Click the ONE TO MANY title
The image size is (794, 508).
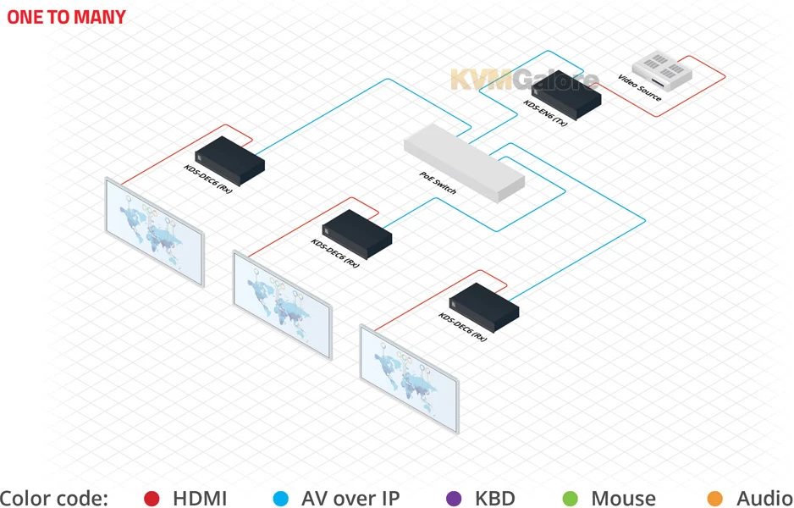66,16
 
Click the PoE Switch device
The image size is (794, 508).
463,161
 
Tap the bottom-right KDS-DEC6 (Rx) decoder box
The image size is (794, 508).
484,305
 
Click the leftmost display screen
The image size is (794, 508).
154,230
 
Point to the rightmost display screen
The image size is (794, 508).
409,376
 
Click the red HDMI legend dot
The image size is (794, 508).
152,499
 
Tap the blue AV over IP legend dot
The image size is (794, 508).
281,499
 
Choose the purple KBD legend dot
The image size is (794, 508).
453,499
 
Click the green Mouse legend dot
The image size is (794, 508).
570,499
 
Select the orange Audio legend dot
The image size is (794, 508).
715,499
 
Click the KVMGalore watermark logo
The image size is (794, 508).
524,80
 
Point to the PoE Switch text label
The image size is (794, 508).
438,183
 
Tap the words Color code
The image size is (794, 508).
54,499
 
